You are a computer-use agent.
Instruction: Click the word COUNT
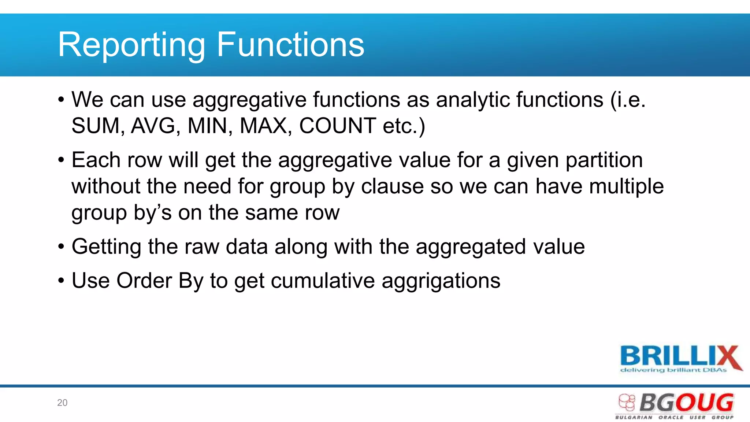coord(337,126)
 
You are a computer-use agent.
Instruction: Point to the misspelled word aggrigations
coord(441,281)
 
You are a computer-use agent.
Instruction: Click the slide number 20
coord(62,403)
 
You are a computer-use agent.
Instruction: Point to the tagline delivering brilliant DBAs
coord(673,370)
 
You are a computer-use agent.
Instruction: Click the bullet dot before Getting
coord(61,247)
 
